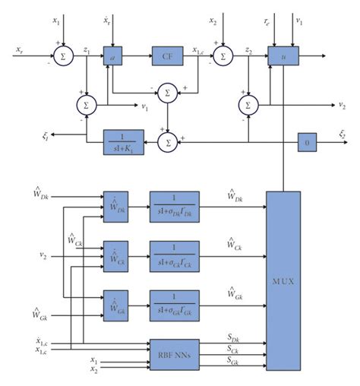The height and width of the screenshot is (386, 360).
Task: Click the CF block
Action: [x=166, y=55]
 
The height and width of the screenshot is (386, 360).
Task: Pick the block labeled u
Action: [x=283, y=55]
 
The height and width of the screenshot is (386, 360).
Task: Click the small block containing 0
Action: [x=305, y=141]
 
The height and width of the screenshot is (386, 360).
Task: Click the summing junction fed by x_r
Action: [x=62, y=55]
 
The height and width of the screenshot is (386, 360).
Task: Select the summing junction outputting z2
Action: [x=223, y=55]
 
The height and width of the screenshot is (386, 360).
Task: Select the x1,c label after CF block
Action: [x=197, y=49]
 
